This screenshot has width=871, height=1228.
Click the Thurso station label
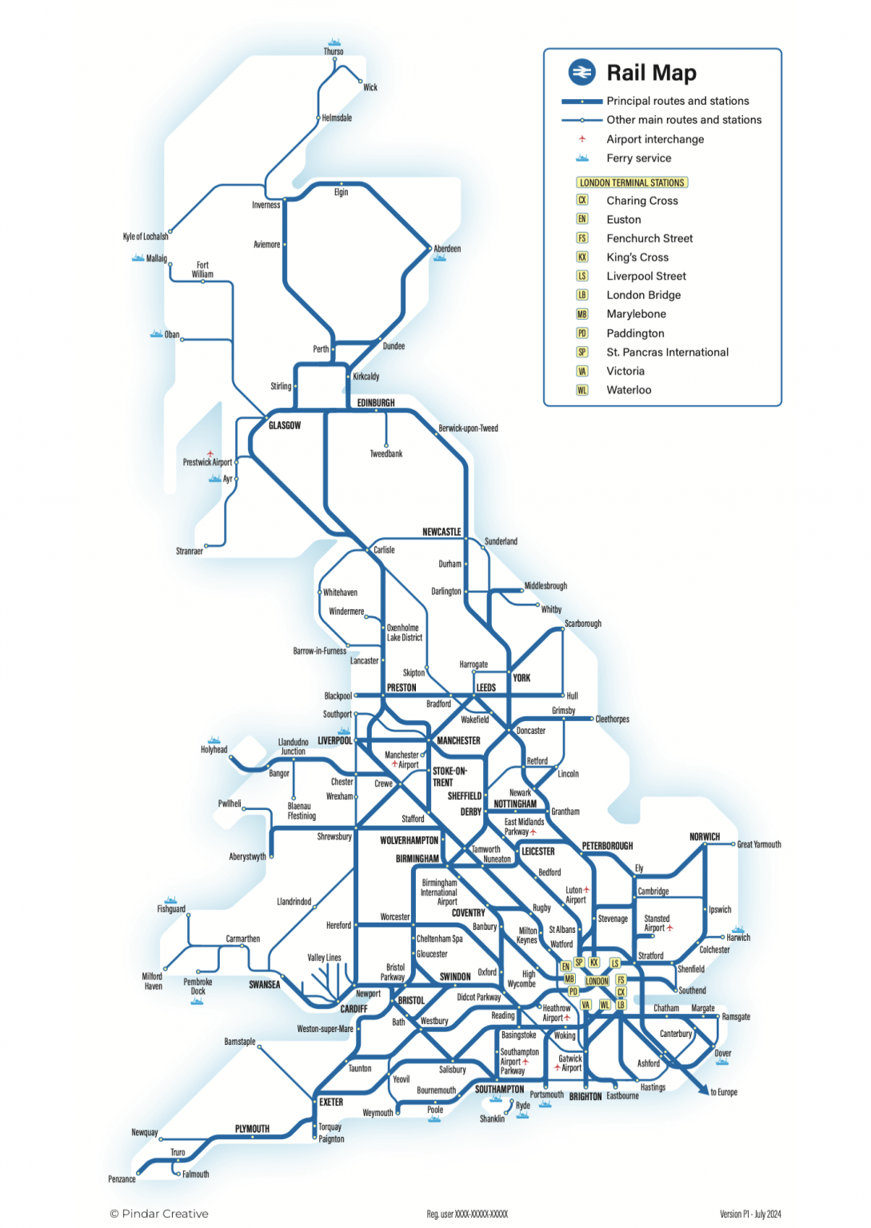pos(334,52)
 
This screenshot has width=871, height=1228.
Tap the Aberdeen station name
pos(447,249)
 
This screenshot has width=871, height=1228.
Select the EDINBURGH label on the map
pos(376,403)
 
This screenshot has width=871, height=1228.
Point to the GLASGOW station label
pos(285,425)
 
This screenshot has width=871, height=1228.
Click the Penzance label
pos(122,1179)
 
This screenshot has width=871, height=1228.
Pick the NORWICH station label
pos(705,837)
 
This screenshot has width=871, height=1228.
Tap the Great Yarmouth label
pos(759,844)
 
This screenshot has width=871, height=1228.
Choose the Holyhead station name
pos(214,750)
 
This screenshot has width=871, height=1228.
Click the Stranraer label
pos(190,551)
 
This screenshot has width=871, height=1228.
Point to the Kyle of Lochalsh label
pos(146,237)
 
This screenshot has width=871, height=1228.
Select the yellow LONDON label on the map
pos(597,981)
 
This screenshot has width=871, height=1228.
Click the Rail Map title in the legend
pos(651,73)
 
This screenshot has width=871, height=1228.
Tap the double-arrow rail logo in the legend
pos(582,72)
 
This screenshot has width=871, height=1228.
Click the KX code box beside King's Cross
pos(582,257)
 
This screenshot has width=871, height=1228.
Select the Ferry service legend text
pos(638,158)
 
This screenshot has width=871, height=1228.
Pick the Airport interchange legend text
pos(655,139)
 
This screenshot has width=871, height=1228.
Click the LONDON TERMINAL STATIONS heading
pos(632,182)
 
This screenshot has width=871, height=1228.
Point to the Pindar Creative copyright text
pos(159,1214)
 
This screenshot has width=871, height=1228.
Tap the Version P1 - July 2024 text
pos(750,1214)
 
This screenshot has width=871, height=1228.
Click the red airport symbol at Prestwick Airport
pos(210,453)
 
